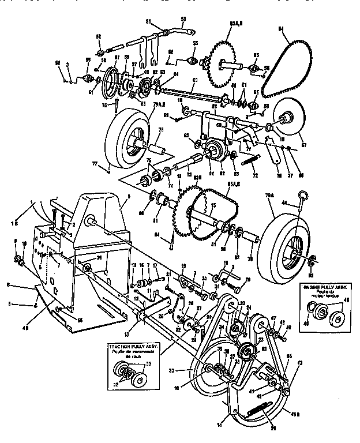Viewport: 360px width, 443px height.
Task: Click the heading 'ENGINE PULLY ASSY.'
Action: (326, 286)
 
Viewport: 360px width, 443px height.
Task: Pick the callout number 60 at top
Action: (183, 18)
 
